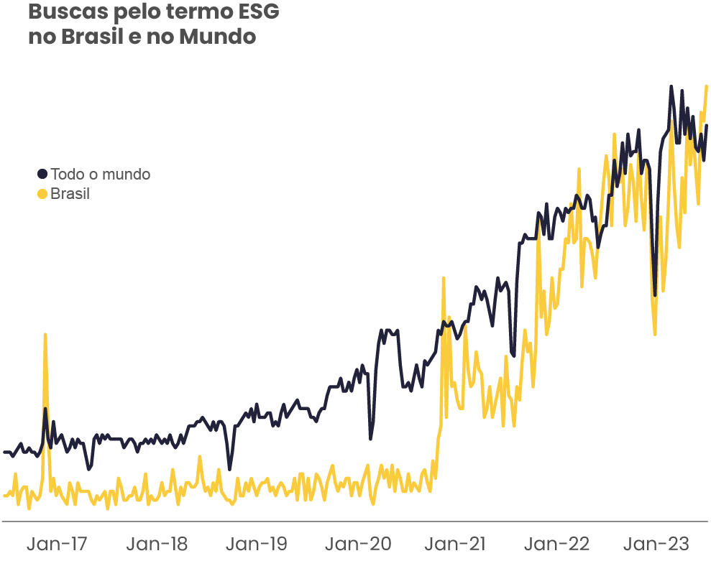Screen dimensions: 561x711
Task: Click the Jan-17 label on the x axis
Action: point(57,544)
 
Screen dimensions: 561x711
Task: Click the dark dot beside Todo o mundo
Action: point(42,174)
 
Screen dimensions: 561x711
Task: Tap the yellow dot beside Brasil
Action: point(42,194)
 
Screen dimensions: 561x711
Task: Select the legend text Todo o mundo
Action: point(101,174)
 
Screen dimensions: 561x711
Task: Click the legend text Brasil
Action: point(70,194)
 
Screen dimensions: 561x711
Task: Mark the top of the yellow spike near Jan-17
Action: point(45,335)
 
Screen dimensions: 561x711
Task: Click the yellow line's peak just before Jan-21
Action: point(444,278)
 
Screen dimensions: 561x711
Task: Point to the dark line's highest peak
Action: point(671,86)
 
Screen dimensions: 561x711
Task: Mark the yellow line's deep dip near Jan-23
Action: point(655,333)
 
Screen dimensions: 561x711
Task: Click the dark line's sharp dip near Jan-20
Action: point(371,438)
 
